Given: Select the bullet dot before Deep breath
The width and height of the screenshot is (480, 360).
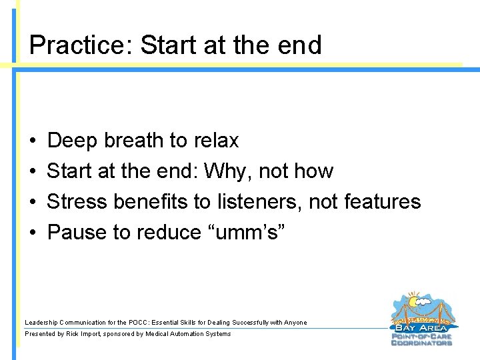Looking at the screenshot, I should (x=33, y=141).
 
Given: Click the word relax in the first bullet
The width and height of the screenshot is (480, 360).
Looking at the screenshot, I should (x=215, y=141).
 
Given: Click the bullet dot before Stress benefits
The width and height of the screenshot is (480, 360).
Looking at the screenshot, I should (x=33, y=203).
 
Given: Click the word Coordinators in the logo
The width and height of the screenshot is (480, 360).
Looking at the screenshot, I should (x=421, y=343).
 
